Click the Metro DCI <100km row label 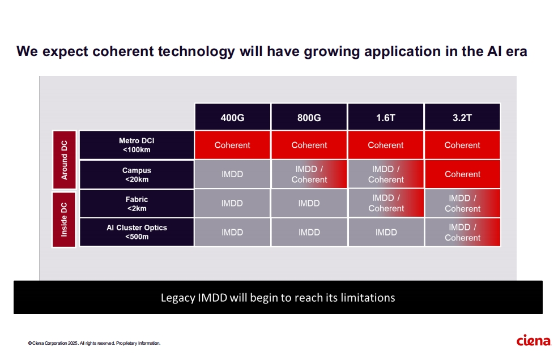pyautogui.click(x=137, y=145)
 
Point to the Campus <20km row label pyautogui.click(x=137, y=174)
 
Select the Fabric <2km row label pyautogui.click(x=137, y=203)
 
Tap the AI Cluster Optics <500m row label pyautogui.click(x=137, y=232)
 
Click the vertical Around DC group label pyautogui.click(x=64, y=160)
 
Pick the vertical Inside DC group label pyautogui.click(x=64, y=219)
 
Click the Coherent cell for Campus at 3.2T pyautogui.click(x=462, y=174)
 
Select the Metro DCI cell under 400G pyautogui.click(x=232, y=145)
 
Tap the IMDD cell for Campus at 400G pyautogui.click(x=232, y=174)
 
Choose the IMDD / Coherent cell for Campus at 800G pyautogui.click(x=309, y=174)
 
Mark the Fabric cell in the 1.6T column pyautogui.click(x=386, y=203)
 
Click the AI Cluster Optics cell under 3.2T pyautogui.click(x=462, y=232)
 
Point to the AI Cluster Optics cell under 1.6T pyautogui.click(x=386, y=232)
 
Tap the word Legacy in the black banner pyautogui.click(x=177, y=298)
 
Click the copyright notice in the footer pyautogui.click(x=94, y=343)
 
